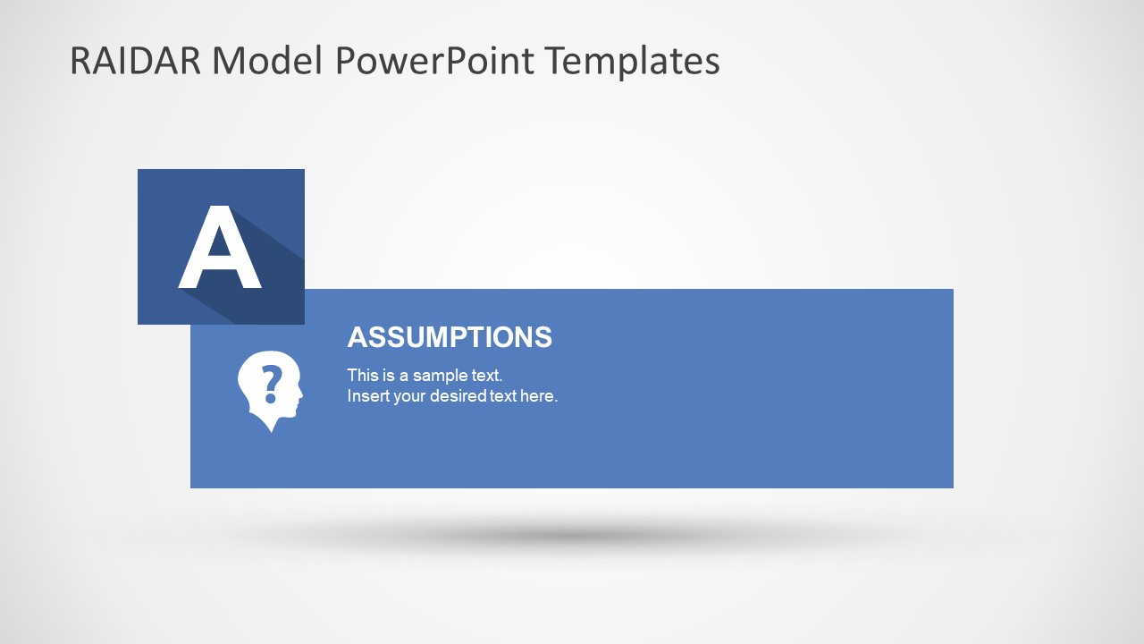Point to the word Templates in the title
click(634, 61)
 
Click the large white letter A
click(220, 248)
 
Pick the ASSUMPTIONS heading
click(450, 337)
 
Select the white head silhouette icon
click(269, 390)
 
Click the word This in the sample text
click(363, 376)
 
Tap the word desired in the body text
click(458, 396)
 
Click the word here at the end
click(539, 396)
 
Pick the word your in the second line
click(409, 396)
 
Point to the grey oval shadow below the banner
click(572, 537)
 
